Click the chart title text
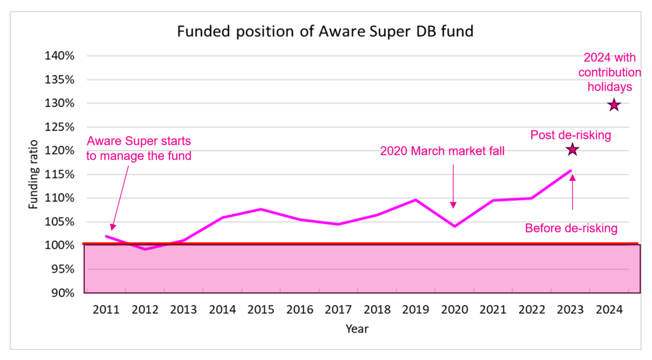(325, 32)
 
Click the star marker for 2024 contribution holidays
(613, 105)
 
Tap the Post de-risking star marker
(572, 149)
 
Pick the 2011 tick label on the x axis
(106, 310)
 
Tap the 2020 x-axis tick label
(454, 310)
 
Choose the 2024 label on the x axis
(609, 310)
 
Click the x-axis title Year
(357, 329)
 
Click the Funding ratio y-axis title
(34, 174)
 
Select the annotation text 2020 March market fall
(442, 151)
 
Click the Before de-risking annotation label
(571, 229)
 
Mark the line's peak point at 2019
(416, 200)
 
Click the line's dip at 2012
(145, 249)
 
